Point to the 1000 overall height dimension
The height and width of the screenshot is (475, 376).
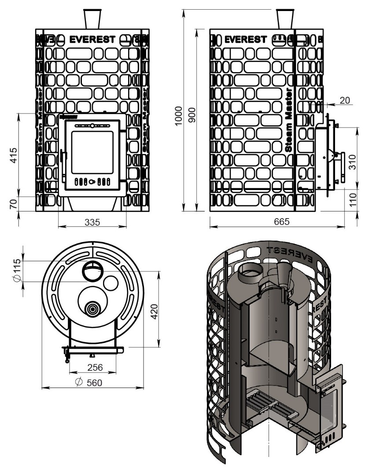(178, 116)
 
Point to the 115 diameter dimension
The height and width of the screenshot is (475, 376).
(17, 271)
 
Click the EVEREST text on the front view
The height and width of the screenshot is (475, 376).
(92, 40)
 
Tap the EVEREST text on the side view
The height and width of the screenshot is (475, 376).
(245, 40)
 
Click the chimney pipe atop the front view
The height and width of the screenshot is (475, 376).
(92, 18)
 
